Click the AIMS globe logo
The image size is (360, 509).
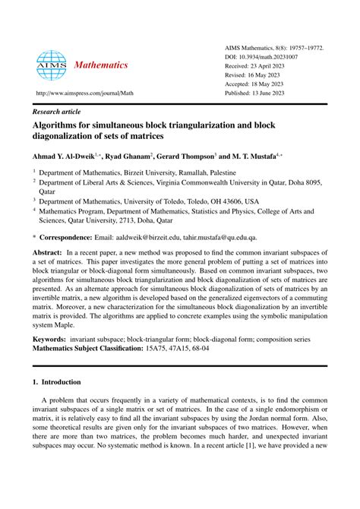point(52,66)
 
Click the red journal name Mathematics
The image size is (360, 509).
point(101,65)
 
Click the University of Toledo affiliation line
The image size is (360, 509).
point(152,203)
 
